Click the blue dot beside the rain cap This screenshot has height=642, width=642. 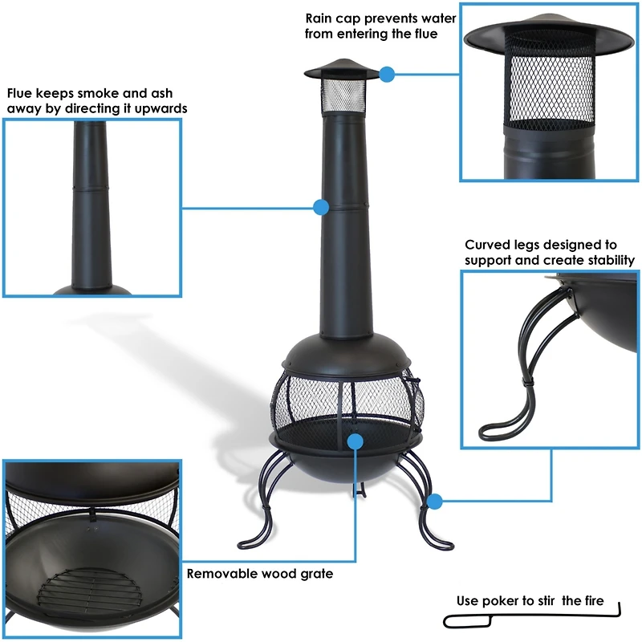[388, 75]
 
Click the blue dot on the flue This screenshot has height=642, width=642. [321, 207]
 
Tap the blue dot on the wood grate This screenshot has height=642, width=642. [356, 440]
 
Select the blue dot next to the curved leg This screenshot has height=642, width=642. [435, 502]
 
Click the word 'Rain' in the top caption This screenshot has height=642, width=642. [321, 18]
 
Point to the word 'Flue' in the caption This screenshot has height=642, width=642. [21, 94]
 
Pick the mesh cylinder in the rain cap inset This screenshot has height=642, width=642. [549, 88]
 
